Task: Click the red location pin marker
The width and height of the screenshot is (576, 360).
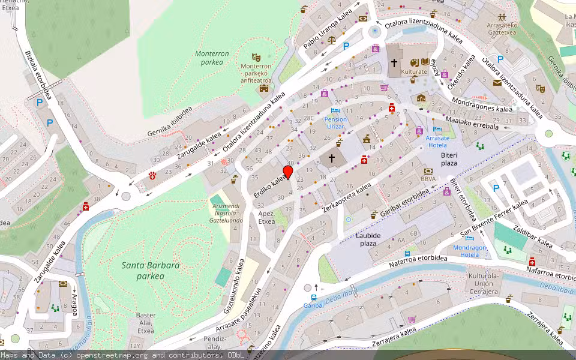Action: tap(287, 173)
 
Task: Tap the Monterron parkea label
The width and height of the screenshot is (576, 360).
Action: tap(212, 58)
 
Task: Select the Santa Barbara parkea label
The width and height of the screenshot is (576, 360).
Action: tap(142, 270)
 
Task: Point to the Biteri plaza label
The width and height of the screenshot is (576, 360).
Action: tap(449, 158)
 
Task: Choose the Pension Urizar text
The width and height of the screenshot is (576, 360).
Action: tap(335, 123)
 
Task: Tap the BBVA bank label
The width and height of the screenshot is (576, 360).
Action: tap(428, 179)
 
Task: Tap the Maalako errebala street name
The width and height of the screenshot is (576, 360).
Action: tap(471, 122)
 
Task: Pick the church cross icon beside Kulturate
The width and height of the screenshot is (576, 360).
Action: tap(394, 62)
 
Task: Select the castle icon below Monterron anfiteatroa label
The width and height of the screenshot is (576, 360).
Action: tap(263, 89)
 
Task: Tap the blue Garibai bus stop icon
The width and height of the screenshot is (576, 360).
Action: tap(314, 298)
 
